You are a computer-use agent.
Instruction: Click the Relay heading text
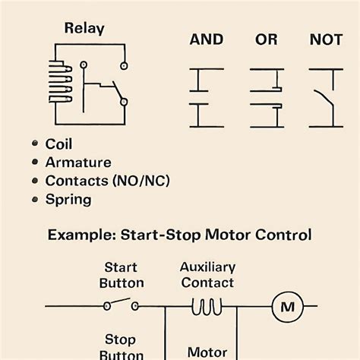[84, 30]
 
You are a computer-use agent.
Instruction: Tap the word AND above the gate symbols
[206, 40]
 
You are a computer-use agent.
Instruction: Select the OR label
[266, 40]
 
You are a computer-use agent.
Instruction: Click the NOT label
[326, 40]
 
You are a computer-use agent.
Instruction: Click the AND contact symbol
[206, 97]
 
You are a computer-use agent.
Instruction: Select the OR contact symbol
[267, 97]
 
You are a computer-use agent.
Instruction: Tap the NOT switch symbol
[326, 97]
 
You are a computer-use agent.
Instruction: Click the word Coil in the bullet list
[60, 144]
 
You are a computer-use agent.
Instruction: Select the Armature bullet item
[78, 163]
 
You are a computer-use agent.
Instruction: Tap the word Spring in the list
[68, 200]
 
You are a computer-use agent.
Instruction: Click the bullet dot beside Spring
[34, 200]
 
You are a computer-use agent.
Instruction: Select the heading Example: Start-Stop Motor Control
[179, 235]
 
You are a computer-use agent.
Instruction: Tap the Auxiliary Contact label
[207, 275]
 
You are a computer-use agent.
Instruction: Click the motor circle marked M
[288, 307]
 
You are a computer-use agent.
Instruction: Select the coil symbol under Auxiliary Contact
[207, 306]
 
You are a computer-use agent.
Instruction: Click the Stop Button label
[122, 346]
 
